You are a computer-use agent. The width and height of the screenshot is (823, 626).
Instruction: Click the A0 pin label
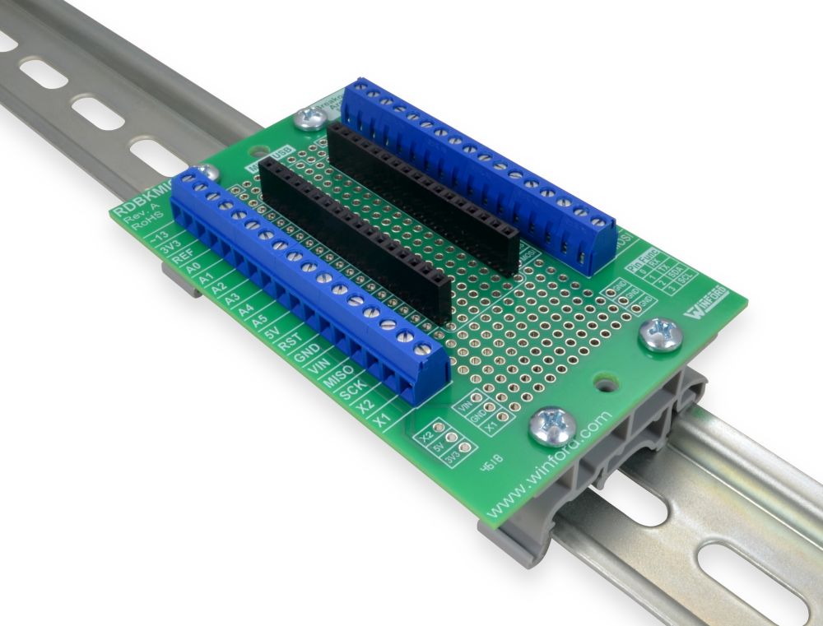193,269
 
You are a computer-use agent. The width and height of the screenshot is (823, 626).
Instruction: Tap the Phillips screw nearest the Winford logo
661,335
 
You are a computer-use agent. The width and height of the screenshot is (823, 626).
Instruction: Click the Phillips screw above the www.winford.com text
551,425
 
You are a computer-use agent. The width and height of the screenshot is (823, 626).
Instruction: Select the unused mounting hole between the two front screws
607,383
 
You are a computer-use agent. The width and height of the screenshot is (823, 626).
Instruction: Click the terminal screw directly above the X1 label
423,351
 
